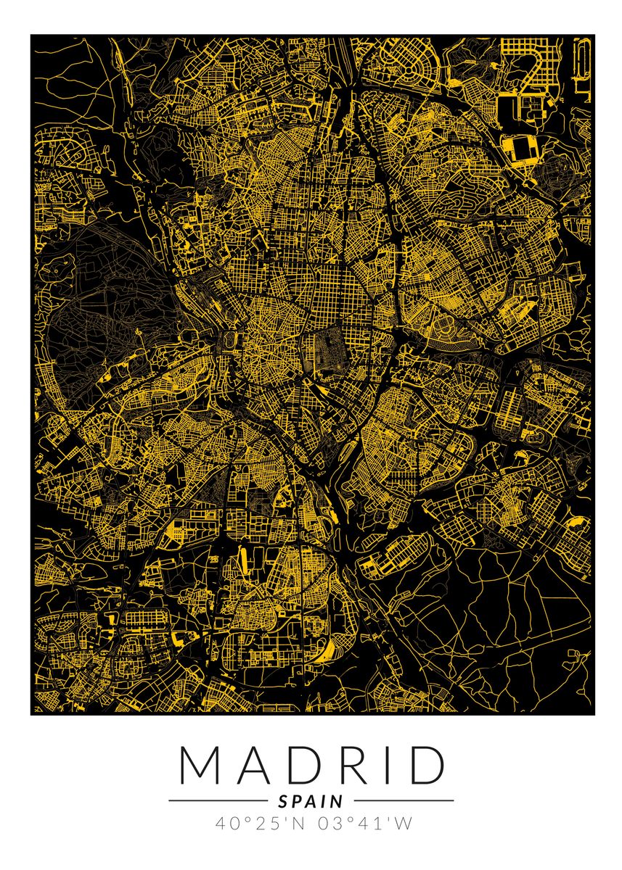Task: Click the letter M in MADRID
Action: [x=197, y=765]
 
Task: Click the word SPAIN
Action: [x=311, y=801]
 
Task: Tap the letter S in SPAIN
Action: [x=283, y=801]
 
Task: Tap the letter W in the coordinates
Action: [x=405, y=824]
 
